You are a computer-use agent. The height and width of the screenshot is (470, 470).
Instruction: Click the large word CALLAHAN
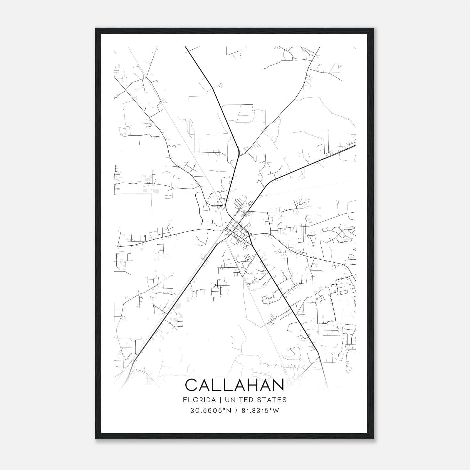pos(235,385)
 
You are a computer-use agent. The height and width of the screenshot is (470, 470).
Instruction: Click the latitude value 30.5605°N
pos(211,411)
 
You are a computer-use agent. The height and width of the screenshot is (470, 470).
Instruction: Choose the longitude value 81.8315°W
pos(260,411)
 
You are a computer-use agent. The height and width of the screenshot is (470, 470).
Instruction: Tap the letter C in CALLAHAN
pos(192,385)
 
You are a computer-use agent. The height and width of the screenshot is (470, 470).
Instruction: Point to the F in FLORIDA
pos(184,399)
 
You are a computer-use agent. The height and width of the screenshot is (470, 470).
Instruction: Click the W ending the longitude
pos(276,411)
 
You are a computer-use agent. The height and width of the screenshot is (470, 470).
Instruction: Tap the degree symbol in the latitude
pos(224,409)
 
